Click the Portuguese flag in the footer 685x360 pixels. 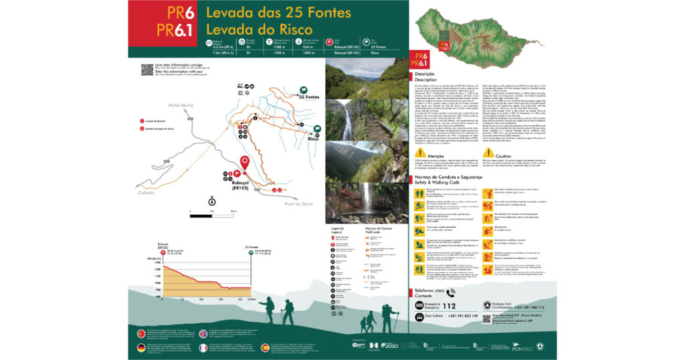pyautogui.click(x=140, y=333)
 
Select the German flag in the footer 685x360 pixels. pyautogui.click(x=140, y=348)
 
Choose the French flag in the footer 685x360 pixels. pyautogui.click(x=203, y=348)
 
